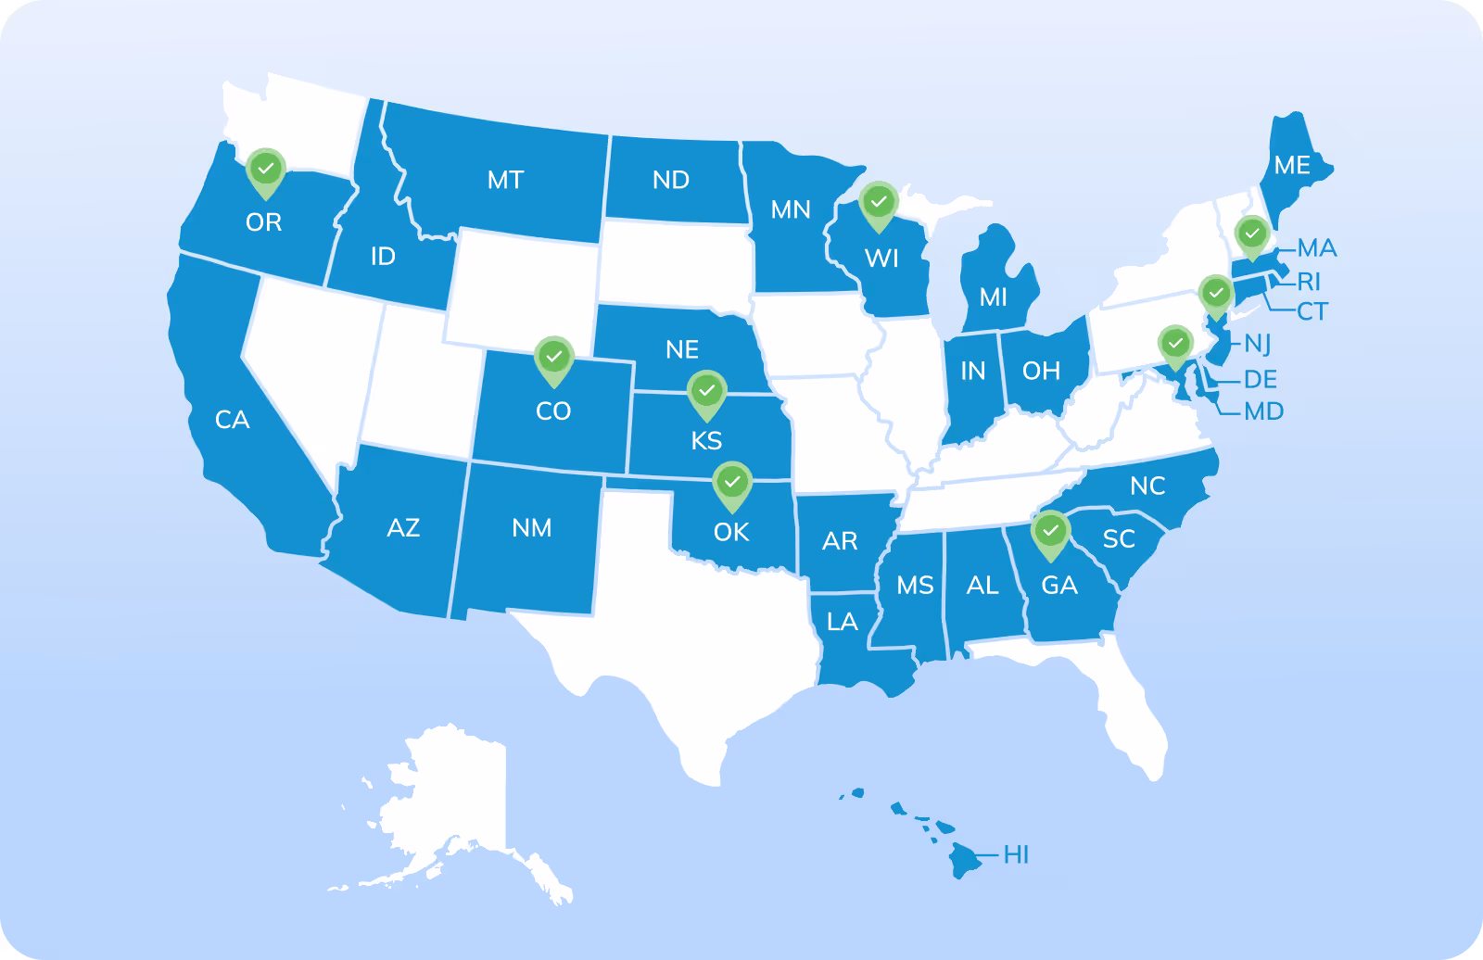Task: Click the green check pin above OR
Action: click(266, 171)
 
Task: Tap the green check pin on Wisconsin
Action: click(879, 203)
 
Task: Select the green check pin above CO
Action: click(554, 358)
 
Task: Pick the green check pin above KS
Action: click(707, 392)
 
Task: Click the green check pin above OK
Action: click(732, 483)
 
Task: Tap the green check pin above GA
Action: click(1050, 532)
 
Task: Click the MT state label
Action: click(506, 180)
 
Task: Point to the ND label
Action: click(671, 180)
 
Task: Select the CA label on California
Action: click(232, 420)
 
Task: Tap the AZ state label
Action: click(403, 528)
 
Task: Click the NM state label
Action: click(532, 528)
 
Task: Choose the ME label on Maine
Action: click(1292, 166)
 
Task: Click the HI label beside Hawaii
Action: click(1017, 854)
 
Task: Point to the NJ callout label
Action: click(1258, 345)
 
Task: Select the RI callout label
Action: click(1309, 281)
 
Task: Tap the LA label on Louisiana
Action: click(843, 622)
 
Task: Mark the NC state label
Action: click(1147, 486)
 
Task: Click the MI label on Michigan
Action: click(994, 297)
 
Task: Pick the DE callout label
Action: click(1261, 379)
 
